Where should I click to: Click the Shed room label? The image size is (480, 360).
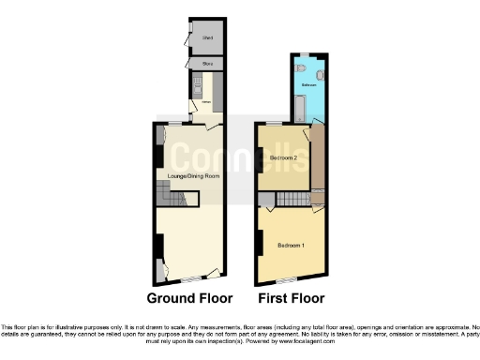click(207, 38)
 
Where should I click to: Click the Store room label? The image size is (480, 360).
click(207, 64)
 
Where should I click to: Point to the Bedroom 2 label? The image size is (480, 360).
click(283, 158)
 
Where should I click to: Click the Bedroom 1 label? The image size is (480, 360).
click(291, 246)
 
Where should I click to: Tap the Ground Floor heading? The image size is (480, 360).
click(189, 299)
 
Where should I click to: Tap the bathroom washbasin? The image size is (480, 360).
click(320, 72)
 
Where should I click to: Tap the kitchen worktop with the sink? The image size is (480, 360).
click(197, 88)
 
